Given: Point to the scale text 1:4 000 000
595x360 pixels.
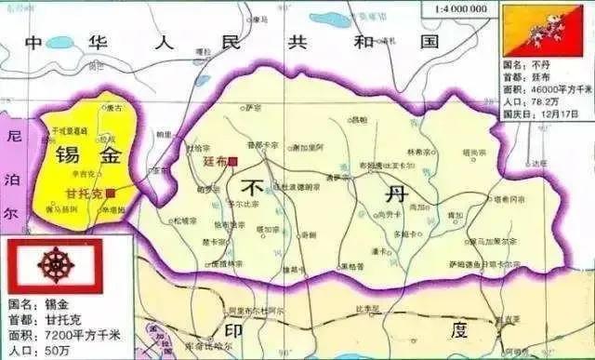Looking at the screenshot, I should click(458, 8).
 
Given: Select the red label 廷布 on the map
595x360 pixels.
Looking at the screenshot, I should click(216, 161).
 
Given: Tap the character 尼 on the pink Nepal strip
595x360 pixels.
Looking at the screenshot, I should click(12, 133).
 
